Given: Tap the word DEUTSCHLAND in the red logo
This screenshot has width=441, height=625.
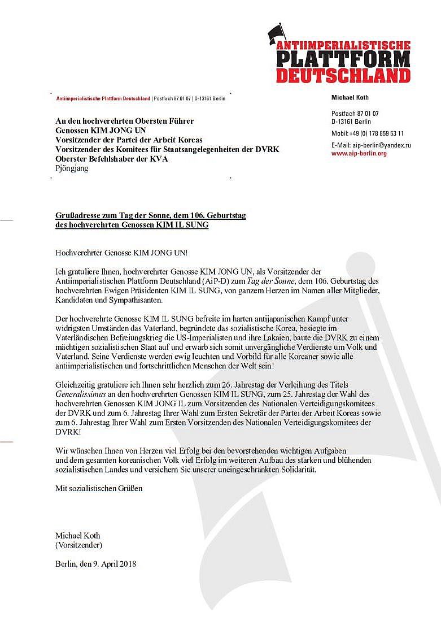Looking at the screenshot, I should [343, 76].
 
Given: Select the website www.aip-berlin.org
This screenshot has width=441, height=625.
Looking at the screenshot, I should [359, 154].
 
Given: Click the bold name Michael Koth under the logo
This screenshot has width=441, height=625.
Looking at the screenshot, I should [350, 98].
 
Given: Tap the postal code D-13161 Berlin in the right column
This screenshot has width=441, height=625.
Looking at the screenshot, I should [351, 121].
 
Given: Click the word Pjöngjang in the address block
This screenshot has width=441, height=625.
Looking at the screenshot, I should [72, 168].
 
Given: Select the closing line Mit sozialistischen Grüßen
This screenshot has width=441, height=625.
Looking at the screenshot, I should [98, 488].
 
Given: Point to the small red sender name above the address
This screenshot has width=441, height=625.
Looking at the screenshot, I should [103, 98].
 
